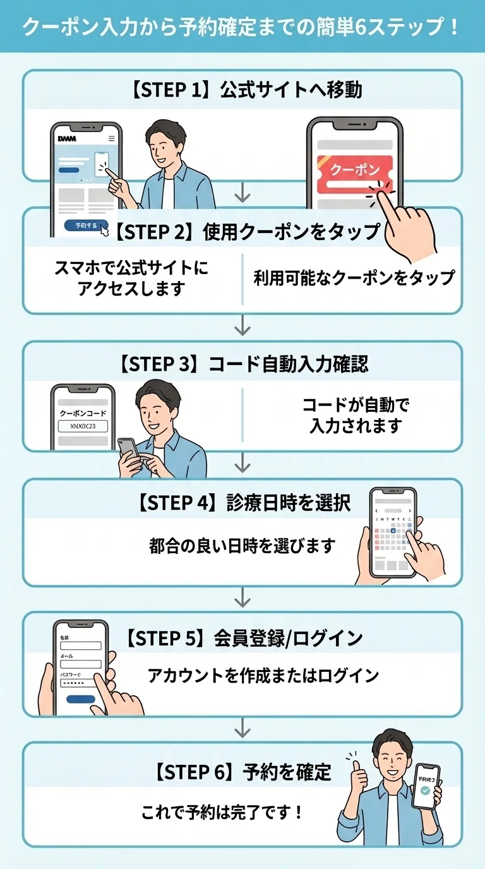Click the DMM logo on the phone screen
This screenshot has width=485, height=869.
[66, 138]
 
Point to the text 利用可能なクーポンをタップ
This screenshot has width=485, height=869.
[354, 278]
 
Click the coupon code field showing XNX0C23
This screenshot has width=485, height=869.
[83, 426]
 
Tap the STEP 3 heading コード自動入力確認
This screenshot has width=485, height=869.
[243, 364]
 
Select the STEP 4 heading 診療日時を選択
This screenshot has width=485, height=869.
[243, 503]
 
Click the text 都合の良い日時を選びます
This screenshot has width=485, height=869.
[242, 546]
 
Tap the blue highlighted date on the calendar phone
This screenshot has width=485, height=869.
[392, 530]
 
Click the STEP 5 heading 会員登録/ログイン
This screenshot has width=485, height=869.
[243, 638]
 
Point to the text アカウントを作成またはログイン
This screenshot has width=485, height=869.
[263, 676]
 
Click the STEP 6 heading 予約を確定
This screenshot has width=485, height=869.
[243, 772]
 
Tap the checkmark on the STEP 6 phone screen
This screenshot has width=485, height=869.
[426, 790]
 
